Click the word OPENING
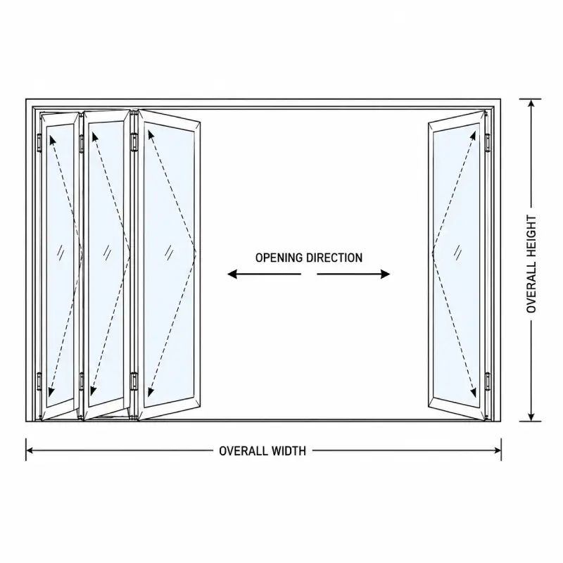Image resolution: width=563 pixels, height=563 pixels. (x=279, y=258)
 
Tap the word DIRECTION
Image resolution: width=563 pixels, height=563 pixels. (x=334, y=258)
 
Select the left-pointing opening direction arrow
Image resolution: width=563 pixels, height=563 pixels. (x=265, y=274)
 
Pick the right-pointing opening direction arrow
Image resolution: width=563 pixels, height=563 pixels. (x=353, y=274)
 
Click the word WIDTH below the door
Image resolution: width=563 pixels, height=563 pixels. (x=289, y=450)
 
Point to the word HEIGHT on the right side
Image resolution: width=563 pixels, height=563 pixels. (x=531, y=236)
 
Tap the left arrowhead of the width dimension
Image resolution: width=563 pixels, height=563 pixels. (x=30, y=450)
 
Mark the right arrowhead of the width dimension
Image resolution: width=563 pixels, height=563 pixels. (x=498, y=450)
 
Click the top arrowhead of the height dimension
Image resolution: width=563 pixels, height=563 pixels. (x=531, y=103)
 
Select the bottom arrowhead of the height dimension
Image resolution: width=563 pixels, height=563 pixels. (x=531, y=417)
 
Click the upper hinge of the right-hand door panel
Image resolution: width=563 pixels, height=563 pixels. (x=488, y=143)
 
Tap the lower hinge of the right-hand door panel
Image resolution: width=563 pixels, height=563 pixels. (x=488, y=381)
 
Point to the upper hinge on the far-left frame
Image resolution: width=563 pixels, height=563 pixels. (x=39, y=143)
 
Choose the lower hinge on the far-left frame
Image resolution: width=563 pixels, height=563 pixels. (x=39, y=381)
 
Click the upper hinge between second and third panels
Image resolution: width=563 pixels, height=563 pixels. (x=134, y=142)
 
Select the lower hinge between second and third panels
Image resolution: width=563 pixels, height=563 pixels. (x=134, y=381)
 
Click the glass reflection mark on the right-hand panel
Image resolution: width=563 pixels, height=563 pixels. (x=458, y=253)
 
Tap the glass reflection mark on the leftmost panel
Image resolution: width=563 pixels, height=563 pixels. (x=61, y=253)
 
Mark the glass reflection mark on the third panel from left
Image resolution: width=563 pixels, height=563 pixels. (x=169, y=253)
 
